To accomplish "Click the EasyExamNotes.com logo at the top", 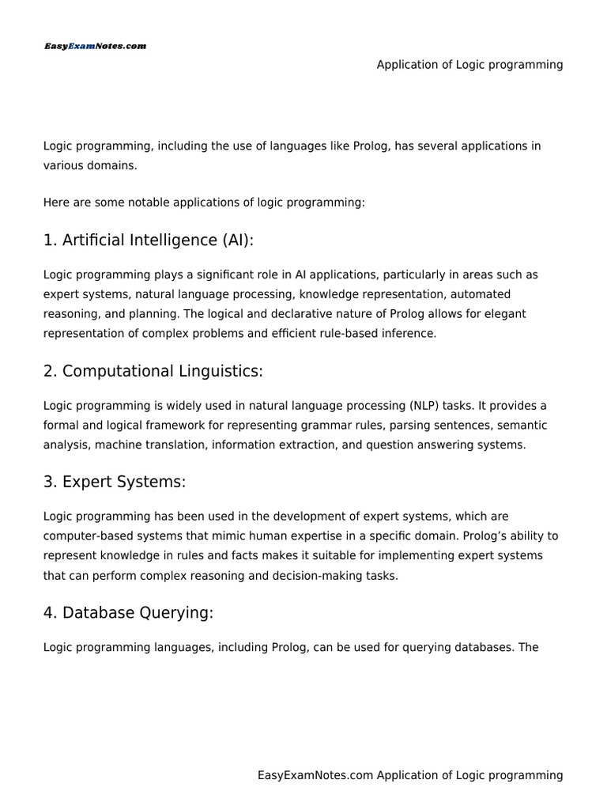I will (95, 47).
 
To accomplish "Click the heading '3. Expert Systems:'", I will (115, 482).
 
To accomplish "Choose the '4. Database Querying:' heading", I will (128, 613).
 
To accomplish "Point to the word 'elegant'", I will (506, 314).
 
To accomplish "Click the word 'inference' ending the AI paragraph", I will (408, 334).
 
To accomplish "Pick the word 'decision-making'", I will (309, 576).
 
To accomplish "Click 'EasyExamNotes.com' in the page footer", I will (315, 776).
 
